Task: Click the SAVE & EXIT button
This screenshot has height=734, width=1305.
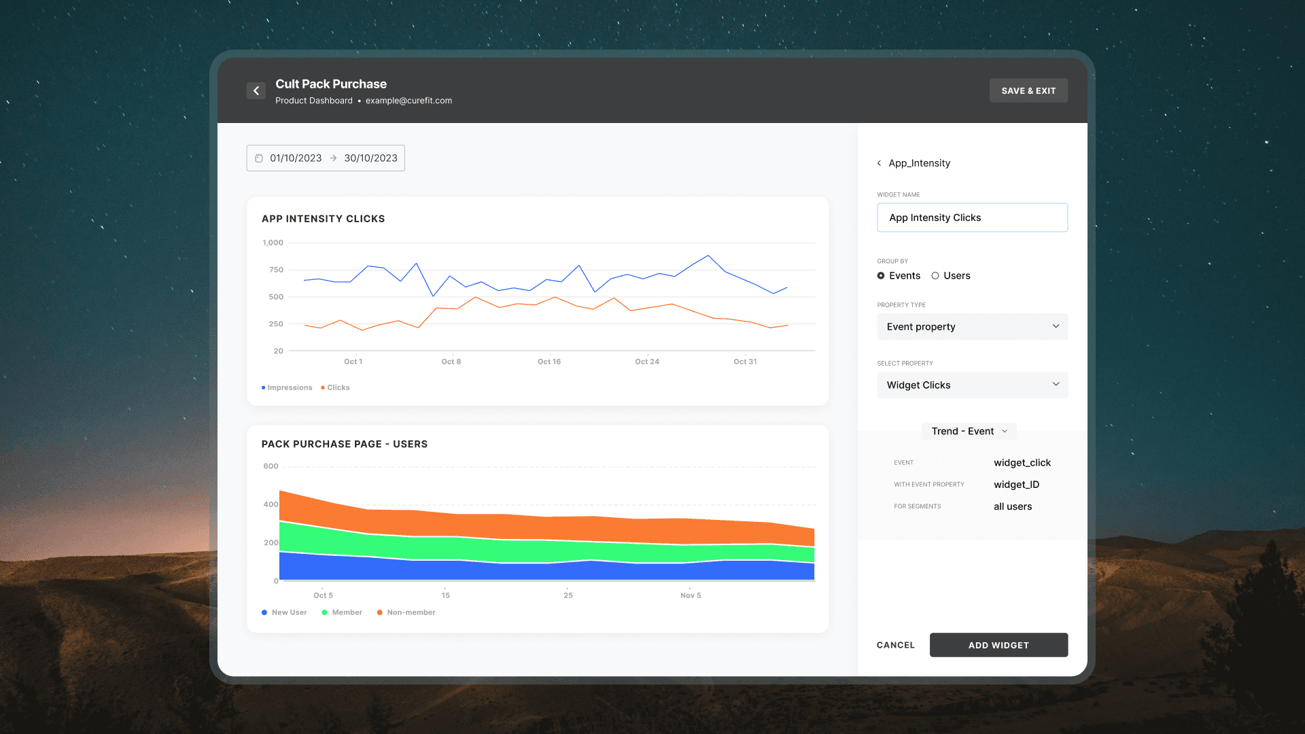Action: (x=1028, y=90)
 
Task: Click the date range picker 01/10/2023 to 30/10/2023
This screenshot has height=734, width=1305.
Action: (x=326, y=158)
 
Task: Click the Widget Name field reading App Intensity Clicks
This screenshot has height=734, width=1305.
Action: (x=972, y=217)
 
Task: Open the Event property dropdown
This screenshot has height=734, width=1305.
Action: (x=972, y=326)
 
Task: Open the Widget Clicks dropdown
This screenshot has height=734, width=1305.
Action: (x=972, y=385)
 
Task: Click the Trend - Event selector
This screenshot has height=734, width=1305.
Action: (x=969, y=431)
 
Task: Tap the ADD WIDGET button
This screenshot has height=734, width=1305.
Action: (x=998, y=645)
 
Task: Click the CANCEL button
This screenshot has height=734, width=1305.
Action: (x=896, y=645)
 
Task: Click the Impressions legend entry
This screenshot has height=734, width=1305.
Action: (x=287, y=387)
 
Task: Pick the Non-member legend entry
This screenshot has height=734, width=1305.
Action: (x=406, y=612)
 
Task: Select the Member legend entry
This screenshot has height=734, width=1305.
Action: (x=342, y=612)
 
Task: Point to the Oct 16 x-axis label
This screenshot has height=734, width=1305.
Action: (x=549, y=362)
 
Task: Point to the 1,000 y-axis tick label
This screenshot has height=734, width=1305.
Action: (x=273, y=243)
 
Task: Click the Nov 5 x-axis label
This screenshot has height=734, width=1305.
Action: (x=691, y=595)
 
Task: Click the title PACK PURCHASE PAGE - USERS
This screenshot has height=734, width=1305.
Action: (x=345, y=444)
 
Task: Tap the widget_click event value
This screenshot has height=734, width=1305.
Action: (x=1022, y=463)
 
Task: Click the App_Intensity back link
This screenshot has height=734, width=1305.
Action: (x=913, y=163)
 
